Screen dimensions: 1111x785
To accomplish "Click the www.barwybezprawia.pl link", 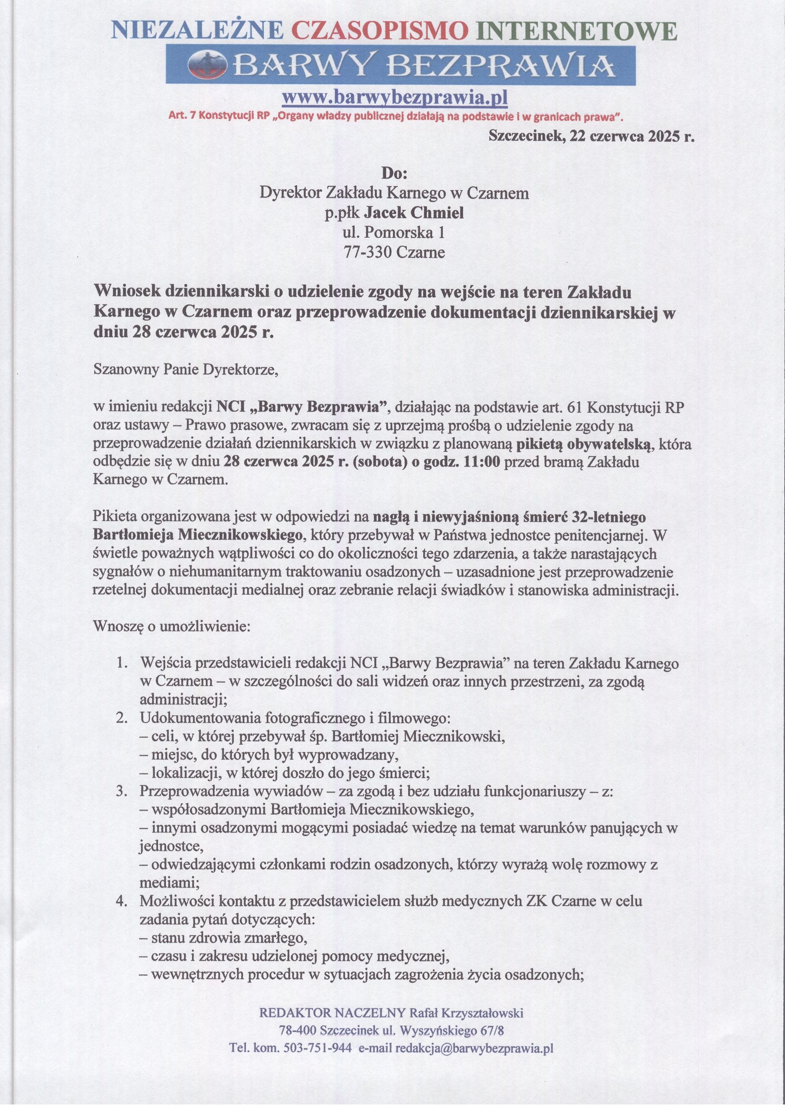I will pos(394,98).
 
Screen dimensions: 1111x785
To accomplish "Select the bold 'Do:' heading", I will pos(394,173).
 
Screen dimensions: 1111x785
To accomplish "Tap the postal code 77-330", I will pos(368,253).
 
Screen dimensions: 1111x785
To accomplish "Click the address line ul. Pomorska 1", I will pos(393,233).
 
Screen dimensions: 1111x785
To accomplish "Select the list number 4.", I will pos(122,901).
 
